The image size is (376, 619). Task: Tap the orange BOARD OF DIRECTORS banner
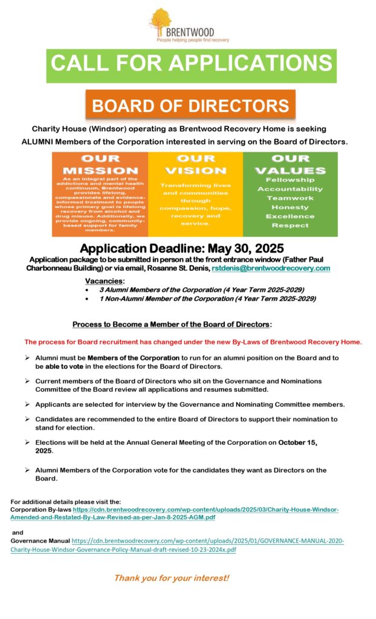[190, 106]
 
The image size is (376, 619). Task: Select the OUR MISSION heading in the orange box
[100, 164]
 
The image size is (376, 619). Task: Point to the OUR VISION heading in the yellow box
[195, 164]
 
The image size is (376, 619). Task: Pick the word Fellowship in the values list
[290, 180]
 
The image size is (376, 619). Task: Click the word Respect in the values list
[290, 225]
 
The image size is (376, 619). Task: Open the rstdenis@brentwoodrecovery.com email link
[270, 268]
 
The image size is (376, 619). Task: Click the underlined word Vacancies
[105, 281]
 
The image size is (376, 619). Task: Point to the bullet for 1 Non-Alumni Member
[88, 299]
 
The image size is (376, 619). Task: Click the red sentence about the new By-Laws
[193, 342]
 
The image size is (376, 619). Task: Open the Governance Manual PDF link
[208, 540]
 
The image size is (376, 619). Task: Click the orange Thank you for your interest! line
[172, 578]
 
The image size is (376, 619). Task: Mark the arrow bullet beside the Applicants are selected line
[28, 404]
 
